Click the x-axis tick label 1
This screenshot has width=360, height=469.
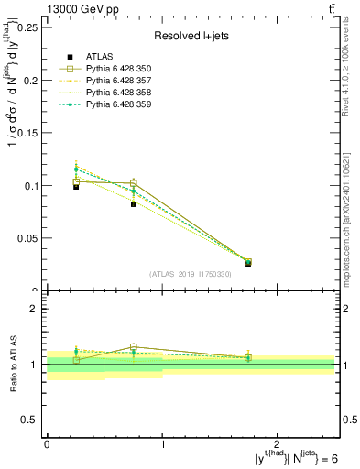point(162,443)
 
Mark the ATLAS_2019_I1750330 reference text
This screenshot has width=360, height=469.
point(190,274)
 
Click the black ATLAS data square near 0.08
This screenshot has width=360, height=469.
point(134,204)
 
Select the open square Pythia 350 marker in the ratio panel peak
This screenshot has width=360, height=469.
point(134,347)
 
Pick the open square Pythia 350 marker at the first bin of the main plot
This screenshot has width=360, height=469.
point(76,182)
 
